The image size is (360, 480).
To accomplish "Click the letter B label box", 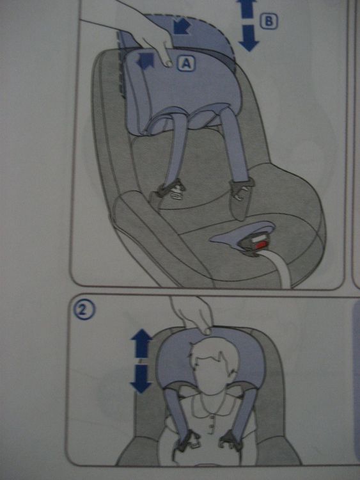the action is [269, 21].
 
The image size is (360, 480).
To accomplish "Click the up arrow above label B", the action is [246, 8].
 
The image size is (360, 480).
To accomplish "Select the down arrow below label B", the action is [249, 38].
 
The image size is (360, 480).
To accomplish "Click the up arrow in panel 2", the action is [141, 343].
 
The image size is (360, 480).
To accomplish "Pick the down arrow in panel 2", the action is [141, 379].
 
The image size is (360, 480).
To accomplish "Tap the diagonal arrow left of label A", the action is [145, 60].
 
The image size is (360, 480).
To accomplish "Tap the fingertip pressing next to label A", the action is [168, 63].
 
